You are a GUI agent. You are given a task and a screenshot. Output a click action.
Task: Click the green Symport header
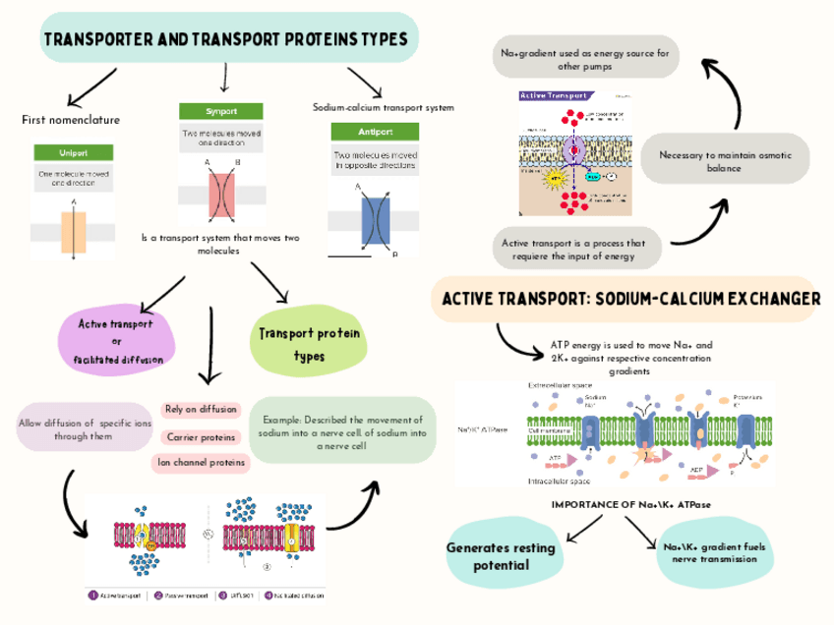221,111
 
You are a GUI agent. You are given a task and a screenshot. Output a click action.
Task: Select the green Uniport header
73,152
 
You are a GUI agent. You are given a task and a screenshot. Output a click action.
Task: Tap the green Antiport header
375,132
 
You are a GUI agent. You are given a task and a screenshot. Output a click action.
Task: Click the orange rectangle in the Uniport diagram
74,232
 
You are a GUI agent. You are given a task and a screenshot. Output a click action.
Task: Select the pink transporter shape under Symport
221,193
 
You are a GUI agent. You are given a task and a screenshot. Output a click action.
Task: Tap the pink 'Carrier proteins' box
201,437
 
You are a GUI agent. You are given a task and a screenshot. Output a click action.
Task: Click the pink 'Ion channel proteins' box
201,462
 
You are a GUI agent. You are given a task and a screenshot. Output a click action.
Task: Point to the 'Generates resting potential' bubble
501,556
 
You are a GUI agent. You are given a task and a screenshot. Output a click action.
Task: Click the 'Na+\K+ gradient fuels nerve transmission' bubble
709,552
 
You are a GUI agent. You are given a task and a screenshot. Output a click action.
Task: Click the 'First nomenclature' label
71,120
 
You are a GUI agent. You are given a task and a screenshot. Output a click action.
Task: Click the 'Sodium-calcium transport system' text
383,107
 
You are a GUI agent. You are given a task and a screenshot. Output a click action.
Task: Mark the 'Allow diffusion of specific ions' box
85,428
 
